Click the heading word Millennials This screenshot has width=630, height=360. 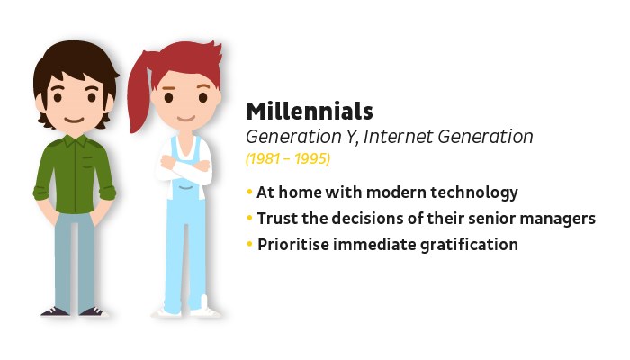pos(310,112)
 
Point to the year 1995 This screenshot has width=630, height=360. pos(311,158)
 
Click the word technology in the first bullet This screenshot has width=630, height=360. pos(474,193)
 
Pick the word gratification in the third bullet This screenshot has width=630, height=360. pos(469,245)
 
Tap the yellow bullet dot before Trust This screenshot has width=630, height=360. pos(249,219)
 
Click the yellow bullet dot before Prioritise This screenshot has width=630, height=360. pos(249,244)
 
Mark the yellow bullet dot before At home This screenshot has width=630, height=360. pos(249,192)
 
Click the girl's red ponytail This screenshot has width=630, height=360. pos(139,96)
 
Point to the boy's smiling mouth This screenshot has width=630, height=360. pos(75,120)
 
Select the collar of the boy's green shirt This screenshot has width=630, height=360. pos(75,140)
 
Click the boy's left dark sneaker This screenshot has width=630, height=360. pos(55,311)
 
